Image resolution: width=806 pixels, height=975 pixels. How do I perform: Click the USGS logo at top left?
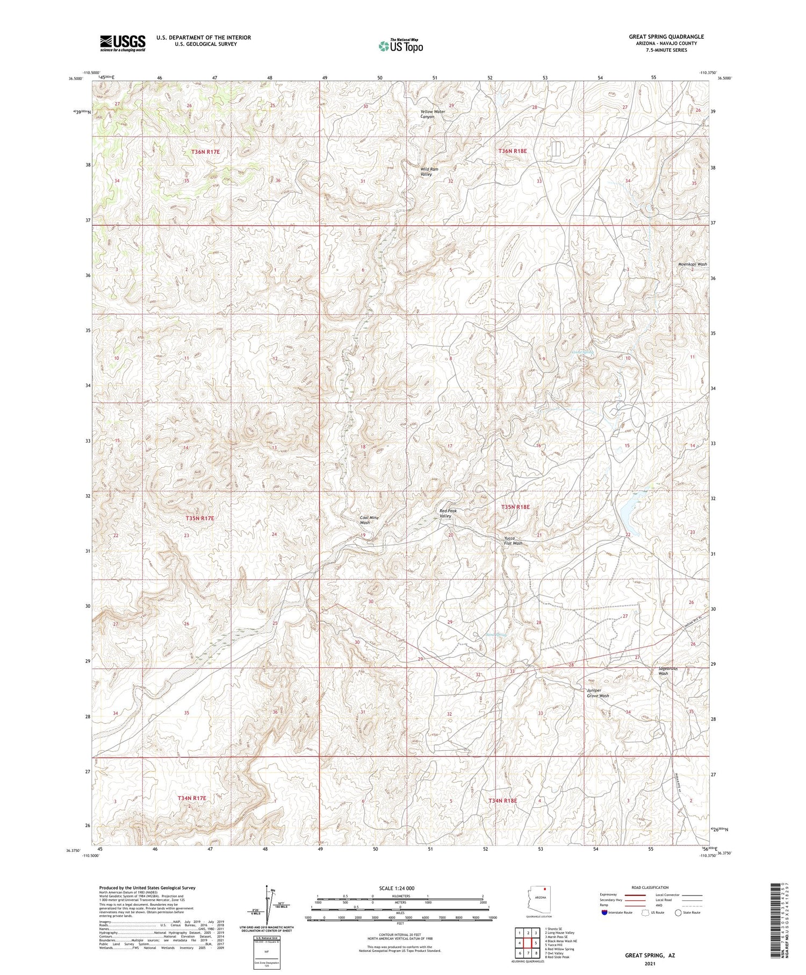pos(123,42)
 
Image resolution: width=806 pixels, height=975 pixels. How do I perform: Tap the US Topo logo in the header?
pos(400,46)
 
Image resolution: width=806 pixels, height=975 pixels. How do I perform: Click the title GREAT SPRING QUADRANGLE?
pos(666,37)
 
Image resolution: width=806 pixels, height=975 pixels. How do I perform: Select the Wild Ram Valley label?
pos(429,172)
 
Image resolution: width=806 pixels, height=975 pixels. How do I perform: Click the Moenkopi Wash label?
pos(692,264)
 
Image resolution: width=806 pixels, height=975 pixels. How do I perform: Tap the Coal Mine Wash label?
pos(369,519)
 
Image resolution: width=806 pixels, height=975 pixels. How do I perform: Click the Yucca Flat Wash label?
pos(513,540)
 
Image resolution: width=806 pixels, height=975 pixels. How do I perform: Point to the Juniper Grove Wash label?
pos(598,693)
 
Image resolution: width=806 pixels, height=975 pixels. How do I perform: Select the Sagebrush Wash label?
pos(668,671)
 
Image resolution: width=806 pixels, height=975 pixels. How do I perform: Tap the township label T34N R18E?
pos(502,800)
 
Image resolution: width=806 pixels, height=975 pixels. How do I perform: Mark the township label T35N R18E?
pos(515,507)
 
